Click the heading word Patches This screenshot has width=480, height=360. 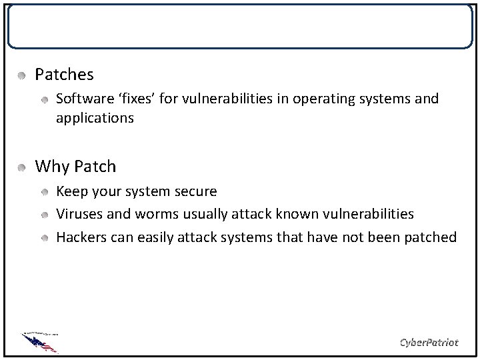(64, 74)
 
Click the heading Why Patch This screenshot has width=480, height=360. (75, 166)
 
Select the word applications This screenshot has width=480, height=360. (95, 119)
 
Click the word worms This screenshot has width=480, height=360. (155, 214)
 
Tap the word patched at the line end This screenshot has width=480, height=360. (433, 237)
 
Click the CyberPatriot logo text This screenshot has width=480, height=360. (429, 343)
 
